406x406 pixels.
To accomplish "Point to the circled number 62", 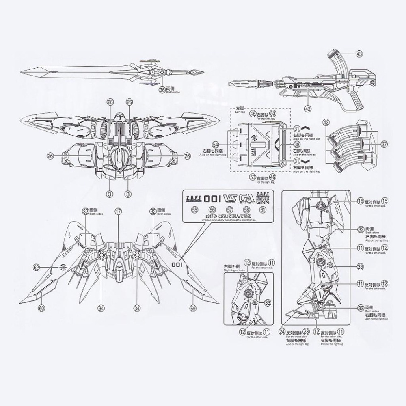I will [37, 267].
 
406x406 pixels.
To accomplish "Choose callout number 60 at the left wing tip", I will [41, 308].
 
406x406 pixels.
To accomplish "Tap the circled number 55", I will [195, 209].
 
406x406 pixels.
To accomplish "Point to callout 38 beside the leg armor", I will [297, 145].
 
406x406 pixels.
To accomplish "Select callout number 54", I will [216, 145].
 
